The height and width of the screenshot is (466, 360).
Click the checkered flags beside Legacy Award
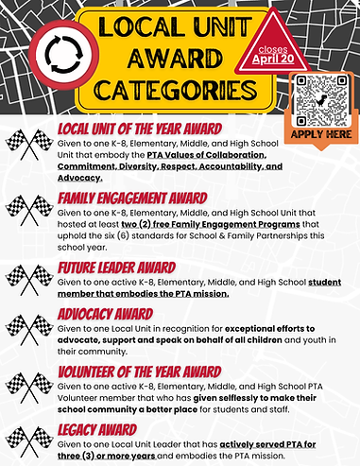click(28, 440)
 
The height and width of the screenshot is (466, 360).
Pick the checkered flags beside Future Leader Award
click(28, 277)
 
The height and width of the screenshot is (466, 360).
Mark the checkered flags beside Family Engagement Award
click(28, 210)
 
